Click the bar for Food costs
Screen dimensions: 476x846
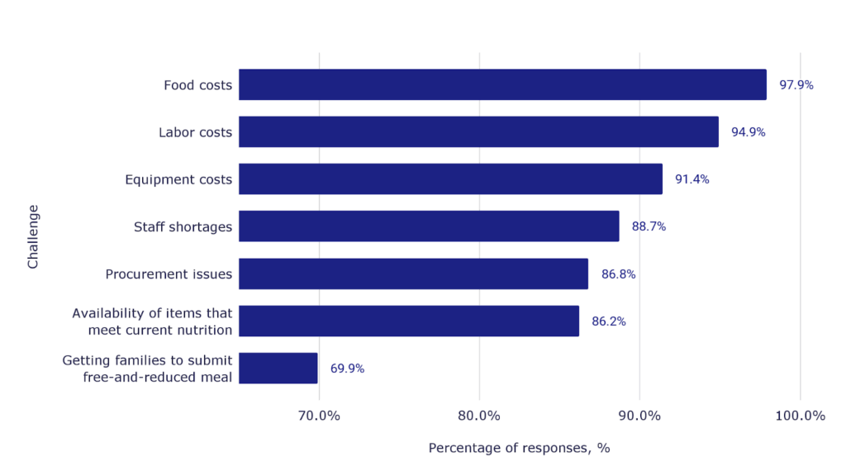pos(502,84)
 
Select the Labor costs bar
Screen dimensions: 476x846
pos(478,131)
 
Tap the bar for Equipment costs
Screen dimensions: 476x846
pos(450,178)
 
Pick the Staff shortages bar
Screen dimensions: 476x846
pos(429,226)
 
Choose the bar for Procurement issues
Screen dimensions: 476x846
pos(413,274)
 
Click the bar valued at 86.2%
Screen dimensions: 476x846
pos(409,321)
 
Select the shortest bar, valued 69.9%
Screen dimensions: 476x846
pos(278,368)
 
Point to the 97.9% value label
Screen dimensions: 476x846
pos(796,84)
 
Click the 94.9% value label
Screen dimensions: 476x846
pos(748,132)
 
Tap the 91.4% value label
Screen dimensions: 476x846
pos(692,179)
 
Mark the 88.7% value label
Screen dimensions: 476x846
pos(649,226)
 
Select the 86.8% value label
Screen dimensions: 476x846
pos(618,274)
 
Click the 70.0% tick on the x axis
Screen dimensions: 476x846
pos(319,416)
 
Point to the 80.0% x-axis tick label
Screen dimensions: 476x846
pos(479,416)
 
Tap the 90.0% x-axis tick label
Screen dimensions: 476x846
pos(639,416)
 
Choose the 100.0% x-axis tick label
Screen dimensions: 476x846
pos(800,416)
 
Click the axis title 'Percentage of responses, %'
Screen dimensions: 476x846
pos(519,448)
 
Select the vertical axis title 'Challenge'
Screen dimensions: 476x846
pos(33,236)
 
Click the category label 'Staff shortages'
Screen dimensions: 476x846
pos(183,226)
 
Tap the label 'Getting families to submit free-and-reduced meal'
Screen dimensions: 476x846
pos(147,369)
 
